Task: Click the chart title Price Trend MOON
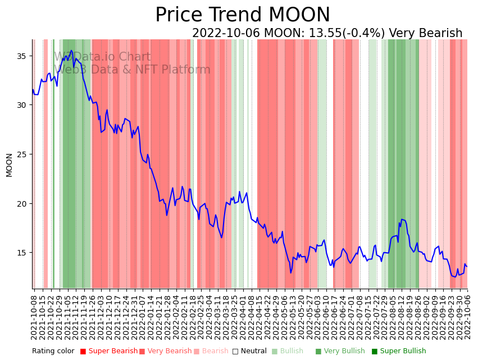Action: pos(243,15)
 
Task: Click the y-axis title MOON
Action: pos(9,165)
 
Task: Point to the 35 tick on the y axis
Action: pos(22,56)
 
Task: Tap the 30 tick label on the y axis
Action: pos(22,105)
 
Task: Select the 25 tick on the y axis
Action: pos(22,154)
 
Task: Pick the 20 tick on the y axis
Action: pos(22,203)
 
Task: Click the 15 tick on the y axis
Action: pos(22,253)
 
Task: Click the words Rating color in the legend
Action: pos(53,351)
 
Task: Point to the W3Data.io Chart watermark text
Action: pos(102,57)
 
